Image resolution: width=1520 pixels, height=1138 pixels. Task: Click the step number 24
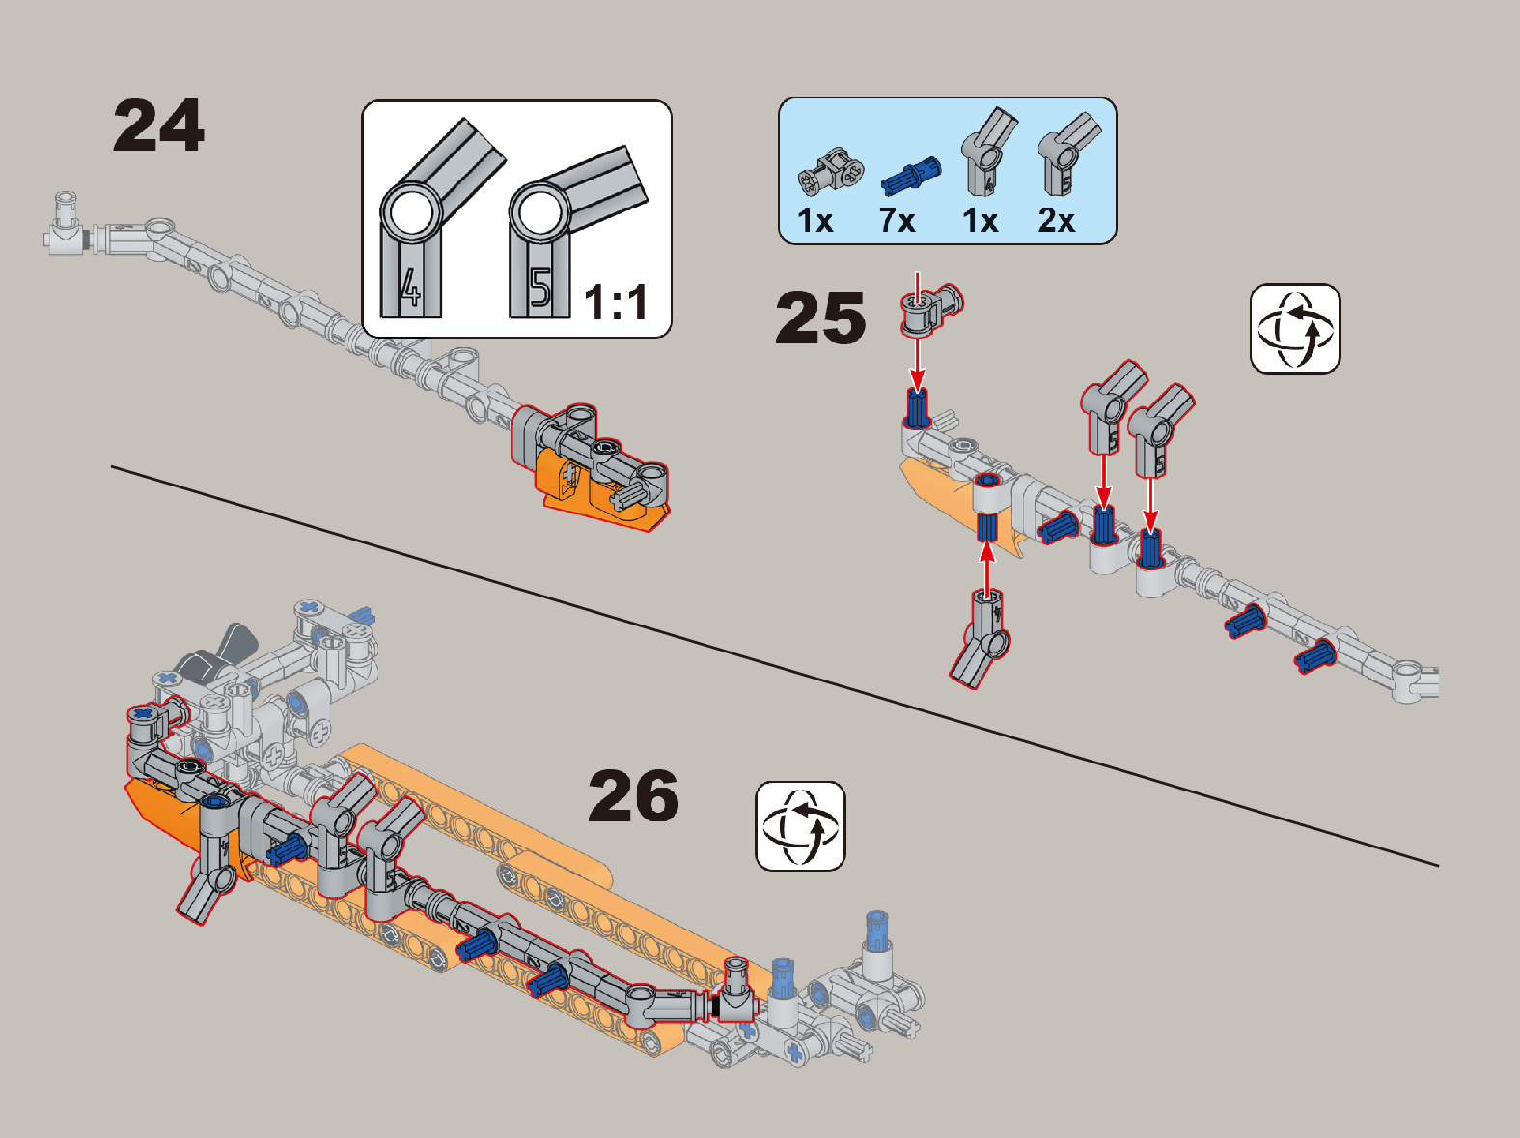click(158, 125)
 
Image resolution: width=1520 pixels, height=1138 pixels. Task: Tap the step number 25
click(820, 318)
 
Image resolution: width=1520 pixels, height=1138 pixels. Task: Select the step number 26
click(634, 795)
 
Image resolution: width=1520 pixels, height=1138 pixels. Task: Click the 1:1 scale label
click(616, 302)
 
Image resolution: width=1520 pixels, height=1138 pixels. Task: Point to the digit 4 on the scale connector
click(411, 288)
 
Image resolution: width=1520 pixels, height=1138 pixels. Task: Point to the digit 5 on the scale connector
click(540, 287)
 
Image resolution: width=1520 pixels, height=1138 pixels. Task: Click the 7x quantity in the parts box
click(898, 221)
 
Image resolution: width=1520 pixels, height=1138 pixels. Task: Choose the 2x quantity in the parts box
click(1057, 221)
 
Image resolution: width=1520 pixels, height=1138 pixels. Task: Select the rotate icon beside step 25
click(1295, 328)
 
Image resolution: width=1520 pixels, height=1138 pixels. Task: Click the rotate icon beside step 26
click(800, 825)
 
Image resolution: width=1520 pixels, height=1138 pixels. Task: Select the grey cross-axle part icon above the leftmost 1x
click(830, 171)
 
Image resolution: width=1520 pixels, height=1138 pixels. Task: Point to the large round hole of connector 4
click(411, 213)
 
